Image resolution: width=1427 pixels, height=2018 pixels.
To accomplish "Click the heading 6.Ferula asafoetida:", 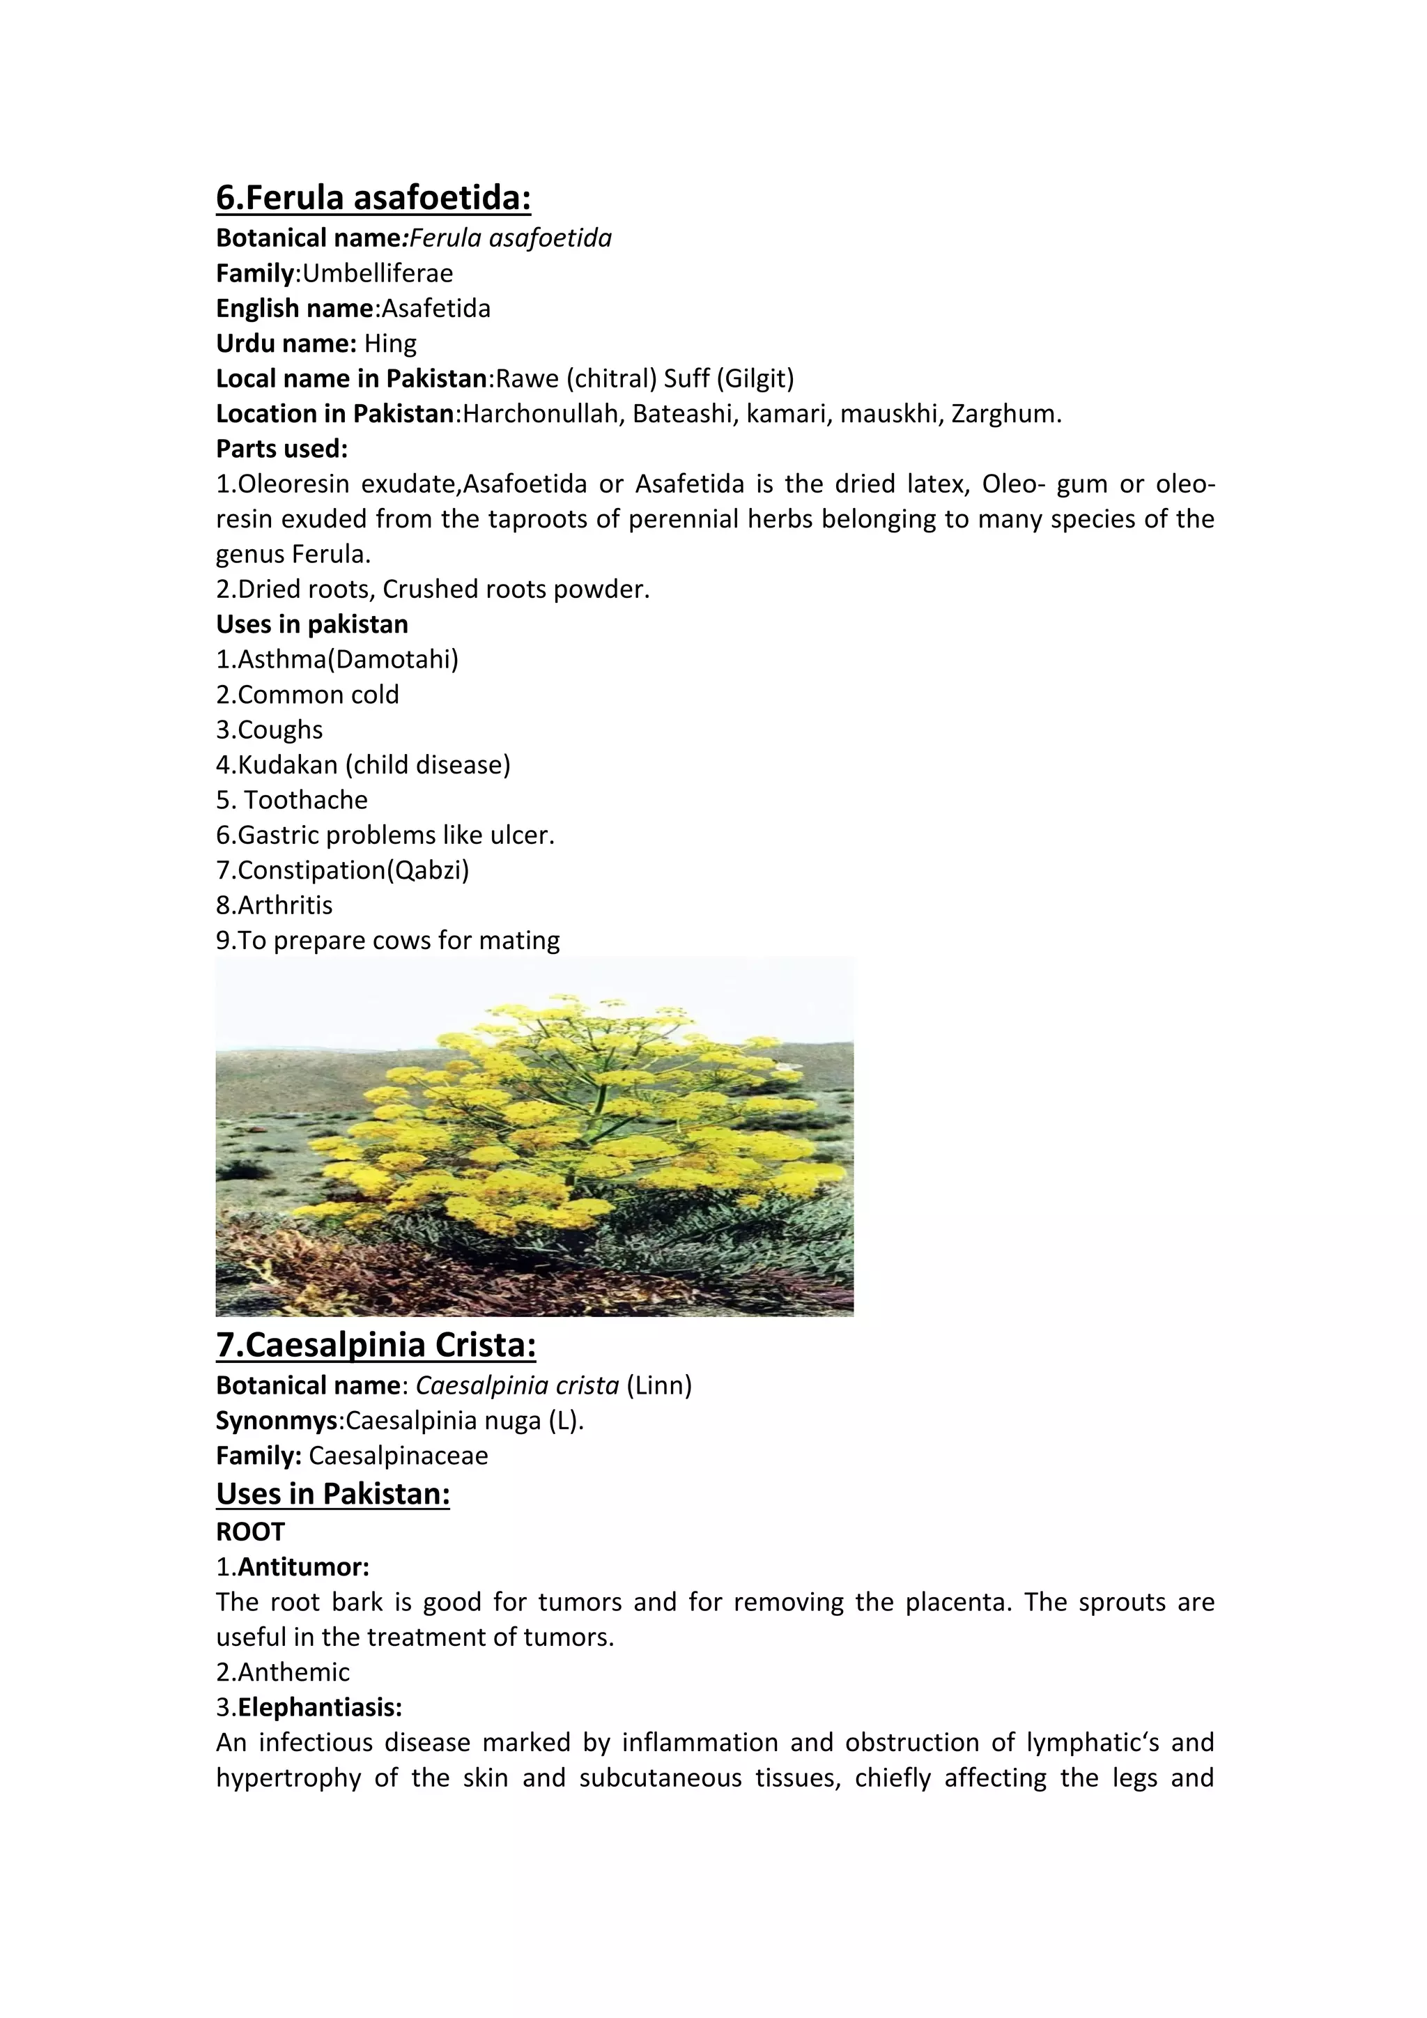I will (x=373, y=198).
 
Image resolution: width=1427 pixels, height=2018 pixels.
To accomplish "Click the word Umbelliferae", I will (x=378, y=273).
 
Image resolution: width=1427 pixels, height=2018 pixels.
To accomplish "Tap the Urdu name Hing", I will (x=390, y=344).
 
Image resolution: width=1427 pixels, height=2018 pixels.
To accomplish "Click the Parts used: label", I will (x=282, y=449).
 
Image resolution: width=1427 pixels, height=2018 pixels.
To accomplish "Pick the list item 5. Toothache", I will (x=292, y=800).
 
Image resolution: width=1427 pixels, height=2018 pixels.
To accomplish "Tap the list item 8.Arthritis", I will (x=274, y=905).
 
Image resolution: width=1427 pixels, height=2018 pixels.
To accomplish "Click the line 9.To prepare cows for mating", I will (x=387, y=941).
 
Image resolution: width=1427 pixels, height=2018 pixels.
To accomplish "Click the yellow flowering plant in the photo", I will (x=562, y=1134).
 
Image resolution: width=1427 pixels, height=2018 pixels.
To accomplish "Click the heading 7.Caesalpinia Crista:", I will (x=376, y=1346).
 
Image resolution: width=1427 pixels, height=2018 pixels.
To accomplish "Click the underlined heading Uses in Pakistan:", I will (x=333, y=1494).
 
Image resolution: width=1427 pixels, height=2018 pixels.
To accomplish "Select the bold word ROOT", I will (x=250, y=1532).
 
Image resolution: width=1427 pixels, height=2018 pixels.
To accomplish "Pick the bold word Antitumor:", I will (x=303, y=1567).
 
